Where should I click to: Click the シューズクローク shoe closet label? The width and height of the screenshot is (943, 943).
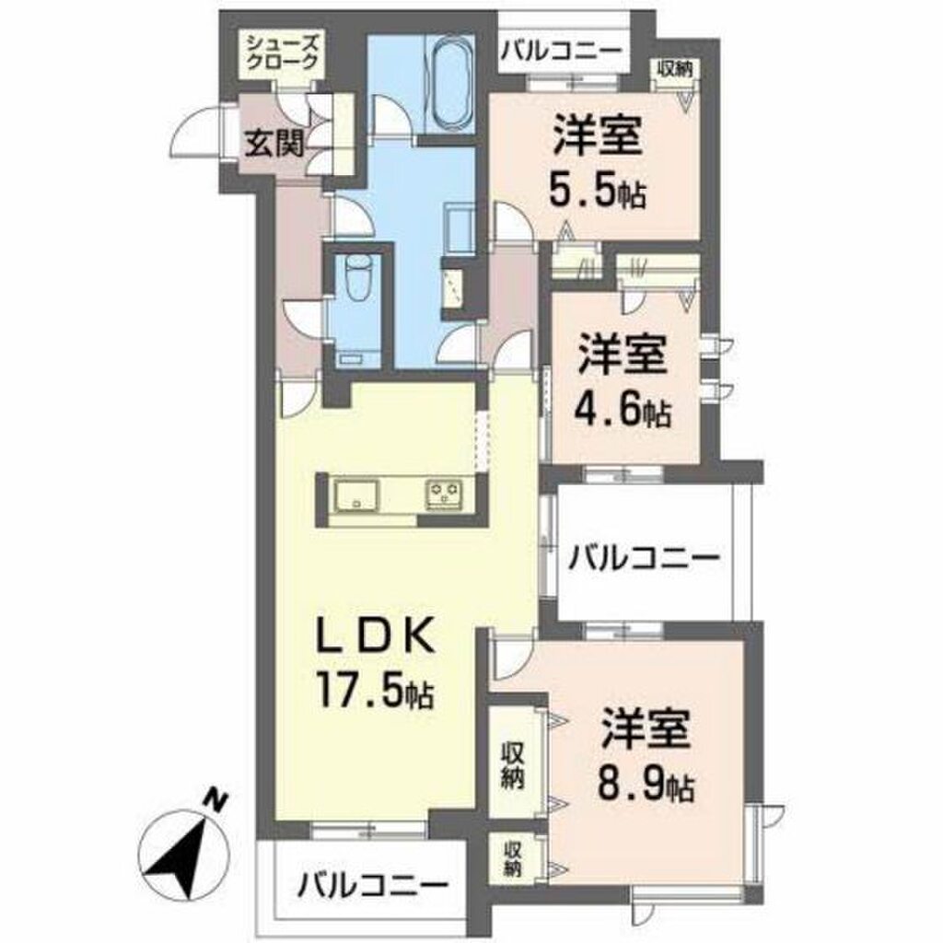[x=282, y=53]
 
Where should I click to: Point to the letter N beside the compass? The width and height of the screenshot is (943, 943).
[x=215, y=799]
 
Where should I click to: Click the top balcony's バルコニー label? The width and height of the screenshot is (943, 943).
[x=561, y=51]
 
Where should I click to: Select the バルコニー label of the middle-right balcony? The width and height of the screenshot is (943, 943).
[x=643, y=557]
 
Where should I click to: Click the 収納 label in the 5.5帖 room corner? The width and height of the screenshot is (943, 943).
[x=675, y=67]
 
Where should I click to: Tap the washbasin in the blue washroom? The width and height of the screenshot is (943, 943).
[x=458, y=222]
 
